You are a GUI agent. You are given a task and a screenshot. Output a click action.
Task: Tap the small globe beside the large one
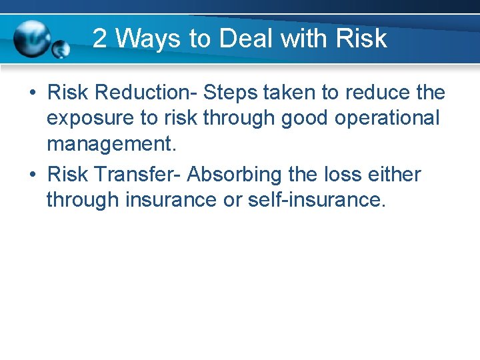(x=61, y=49)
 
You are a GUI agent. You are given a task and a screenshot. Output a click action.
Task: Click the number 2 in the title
(x=100, y=39)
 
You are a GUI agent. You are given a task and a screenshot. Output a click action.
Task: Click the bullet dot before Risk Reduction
(x=32, y=93)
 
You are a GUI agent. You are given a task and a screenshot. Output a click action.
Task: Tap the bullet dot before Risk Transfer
(x=32, y=175)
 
